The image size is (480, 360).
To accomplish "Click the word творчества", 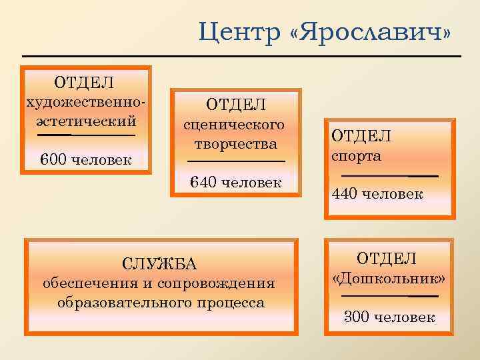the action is pos(236,143).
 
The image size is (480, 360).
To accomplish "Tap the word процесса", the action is pos(230,302).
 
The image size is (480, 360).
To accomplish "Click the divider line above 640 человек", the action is pos(236,161).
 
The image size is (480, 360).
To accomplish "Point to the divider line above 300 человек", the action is pos(389,295).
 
